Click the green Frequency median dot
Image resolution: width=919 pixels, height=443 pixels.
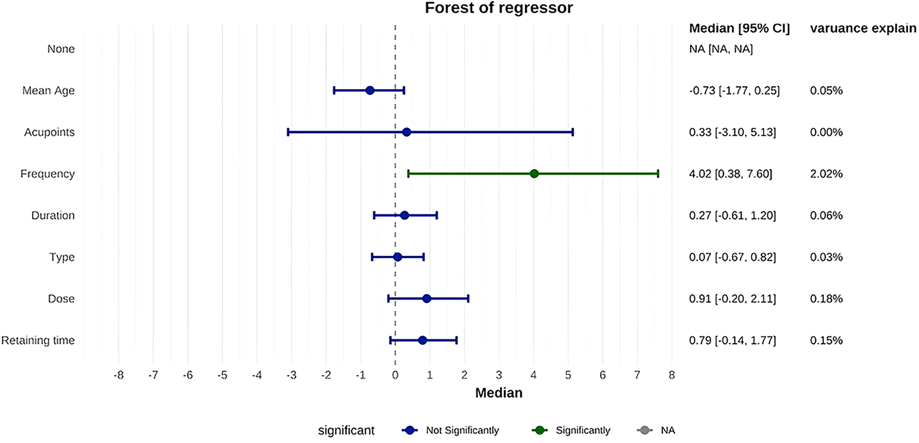coord(534,174)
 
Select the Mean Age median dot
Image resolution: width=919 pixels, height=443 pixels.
coord(370,90)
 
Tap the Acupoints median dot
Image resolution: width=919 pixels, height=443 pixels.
coord(406,132)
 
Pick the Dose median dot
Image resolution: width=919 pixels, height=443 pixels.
coord(426,299)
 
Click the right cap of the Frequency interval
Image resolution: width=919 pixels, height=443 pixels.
coord(658,174)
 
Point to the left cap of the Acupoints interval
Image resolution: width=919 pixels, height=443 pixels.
coord(288,132)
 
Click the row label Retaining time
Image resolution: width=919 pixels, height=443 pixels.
coord(38,341)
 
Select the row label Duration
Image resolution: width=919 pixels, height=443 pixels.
coord(53,216)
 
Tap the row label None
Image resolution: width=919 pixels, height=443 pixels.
coord(61,49)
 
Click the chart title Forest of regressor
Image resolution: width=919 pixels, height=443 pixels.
coord(498,8)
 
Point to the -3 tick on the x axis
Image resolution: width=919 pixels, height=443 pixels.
coord(292,375)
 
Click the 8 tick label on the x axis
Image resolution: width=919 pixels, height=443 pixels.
coord(672,375)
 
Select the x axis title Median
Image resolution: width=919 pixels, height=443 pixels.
coord(498,393)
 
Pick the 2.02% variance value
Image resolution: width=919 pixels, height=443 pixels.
coord(826,174)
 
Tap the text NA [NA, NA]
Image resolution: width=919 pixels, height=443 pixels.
coord(720,49)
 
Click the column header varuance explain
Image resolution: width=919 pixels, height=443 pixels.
coord(863,28)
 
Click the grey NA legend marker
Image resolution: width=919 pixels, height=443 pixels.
coord(645,430)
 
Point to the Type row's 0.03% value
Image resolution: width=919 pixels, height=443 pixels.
coord(826,257)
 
